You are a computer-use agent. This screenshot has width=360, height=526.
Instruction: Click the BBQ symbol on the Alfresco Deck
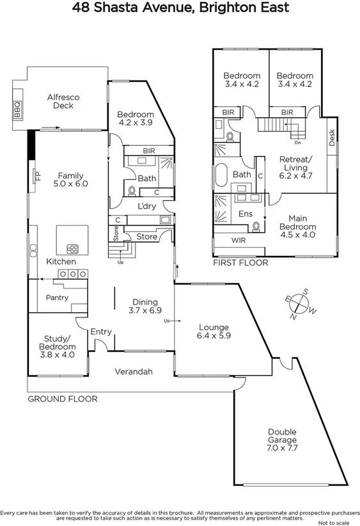[17, 110]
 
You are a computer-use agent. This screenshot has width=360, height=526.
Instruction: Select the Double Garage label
[282, 436]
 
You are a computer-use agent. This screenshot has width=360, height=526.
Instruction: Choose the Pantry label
[57, 298]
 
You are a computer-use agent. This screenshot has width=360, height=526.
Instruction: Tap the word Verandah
[134, 372]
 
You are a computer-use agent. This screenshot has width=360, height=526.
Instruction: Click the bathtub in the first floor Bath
[223, 175]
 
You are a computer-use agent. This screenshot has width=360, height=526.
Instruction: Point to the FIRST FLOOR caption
[240, 262]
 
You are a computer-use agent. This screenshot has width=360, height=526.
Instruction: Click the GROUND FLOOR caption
[62, 399]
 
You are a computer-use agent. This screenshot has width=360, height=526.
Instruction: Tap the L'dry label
[147, 206]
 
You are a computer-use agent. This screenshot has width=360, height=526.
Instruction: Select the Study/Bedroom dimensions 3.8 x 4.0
[59, 355]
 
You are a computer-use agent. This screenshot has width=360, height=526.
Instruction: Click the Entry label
[101, 331]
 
